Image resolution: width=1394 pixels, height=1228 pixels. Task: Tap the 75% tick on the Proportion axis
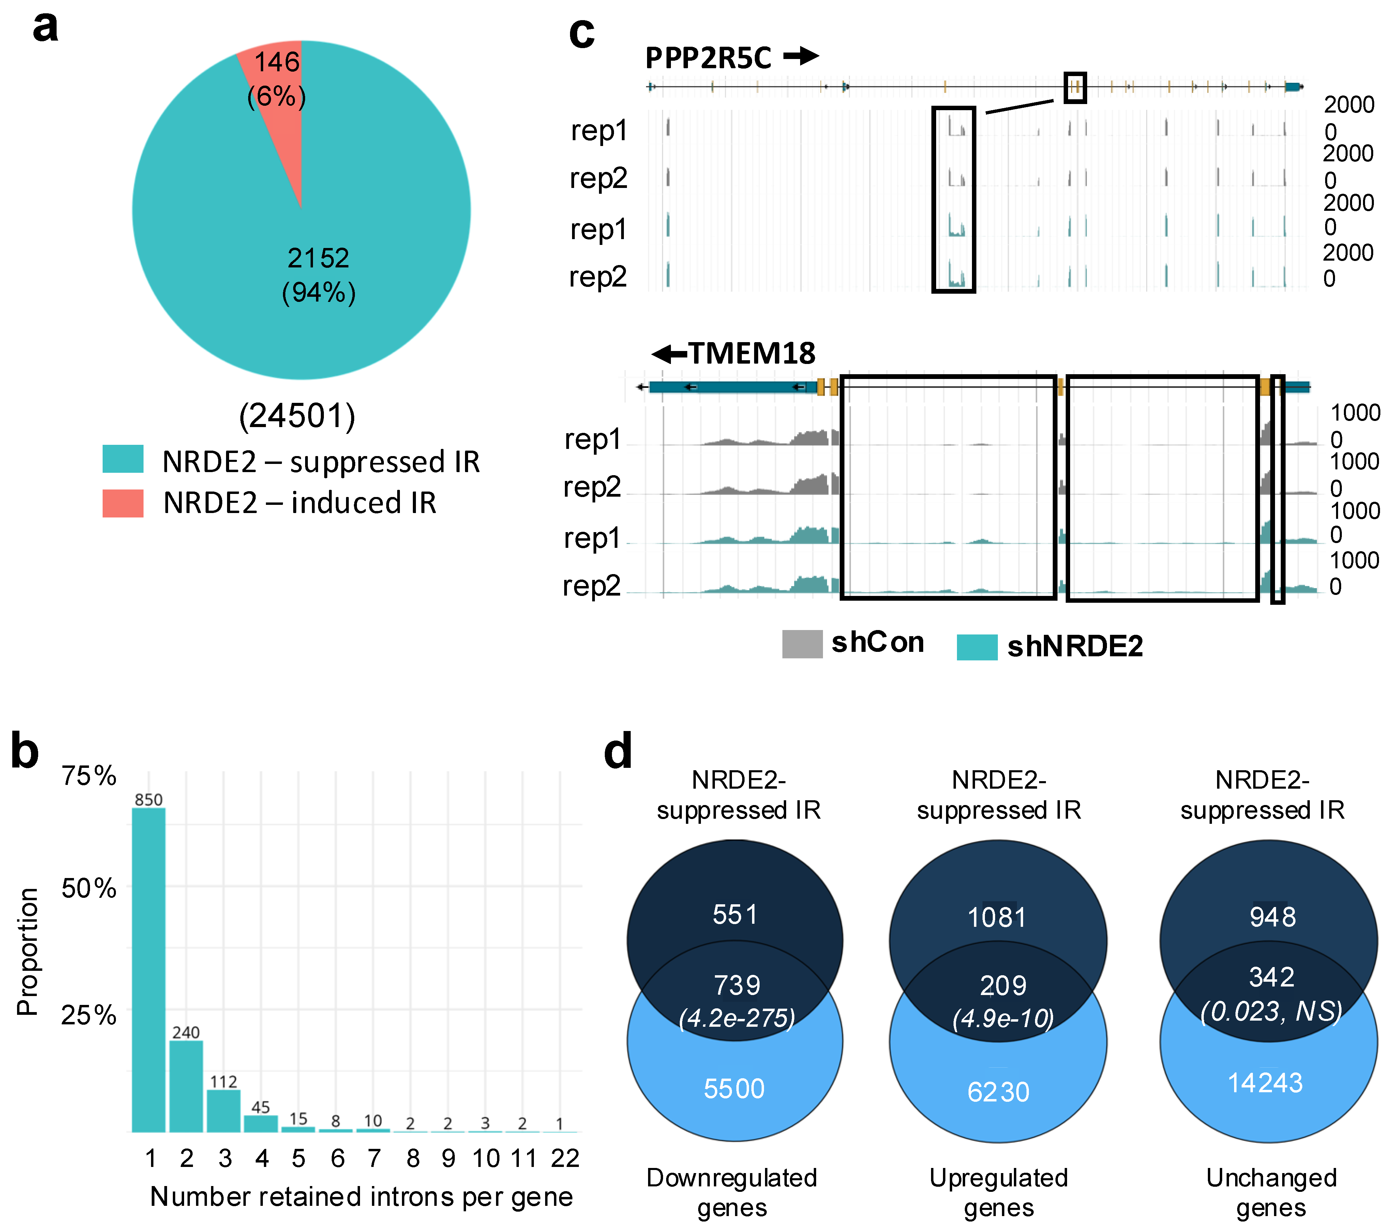tap(89, 776)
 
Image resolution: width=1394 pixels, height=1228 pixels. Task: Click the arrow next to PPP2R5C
tap(801, 56)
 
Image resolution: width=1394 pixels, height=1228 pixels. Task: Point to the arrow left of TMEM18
tap(668, 353)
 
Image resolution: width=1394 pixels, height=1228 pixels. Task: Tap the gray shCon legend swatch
tap(802, 644)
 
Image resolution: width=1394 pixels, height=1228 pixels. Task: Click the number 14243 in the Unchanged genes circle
tap(1265, 1083)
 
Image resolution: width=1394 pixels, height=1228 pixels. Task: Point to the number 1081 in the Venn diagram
tap(997, 917)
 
